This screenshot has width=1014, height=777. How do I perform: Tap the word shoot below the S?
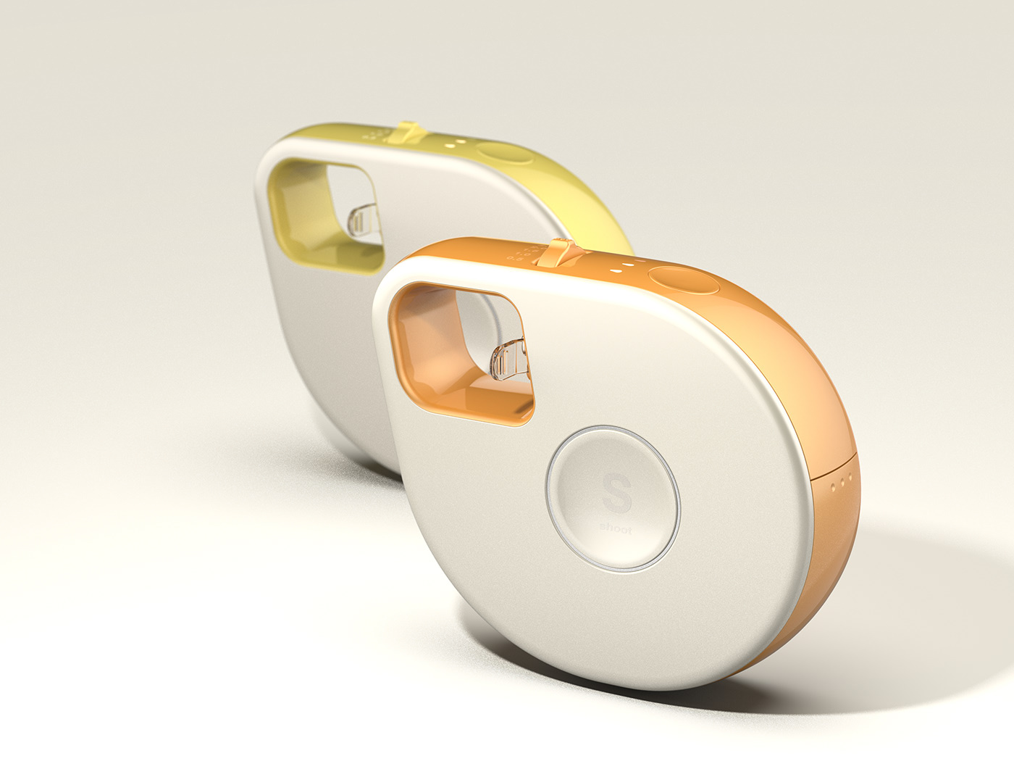(x=616, y=530)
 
